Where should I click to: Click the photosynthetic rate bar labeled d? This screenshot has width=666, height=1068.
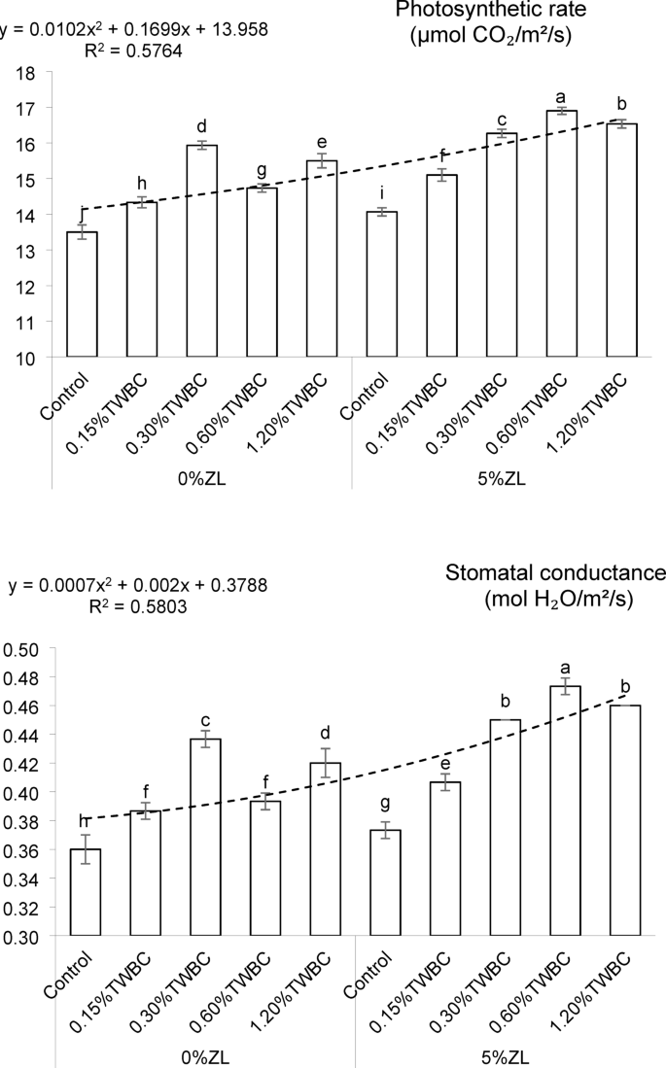201,251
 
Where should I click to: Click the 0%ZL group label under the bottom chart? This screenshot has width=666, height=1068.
202,1056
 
